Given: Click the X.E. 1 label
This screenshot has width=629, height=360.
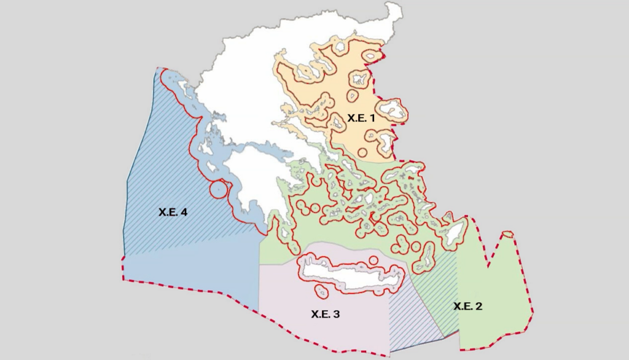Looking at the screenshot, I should click(361, 117).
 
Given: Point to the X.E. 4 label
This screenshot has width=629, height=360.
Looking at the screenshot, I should click(173, 213).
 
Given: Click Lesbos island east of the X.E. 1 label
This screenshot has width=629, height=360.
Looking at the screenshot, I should click(394, 112).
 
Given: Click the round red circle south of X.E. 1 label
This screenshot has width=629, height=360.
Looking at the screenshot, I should click(362, 152).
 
